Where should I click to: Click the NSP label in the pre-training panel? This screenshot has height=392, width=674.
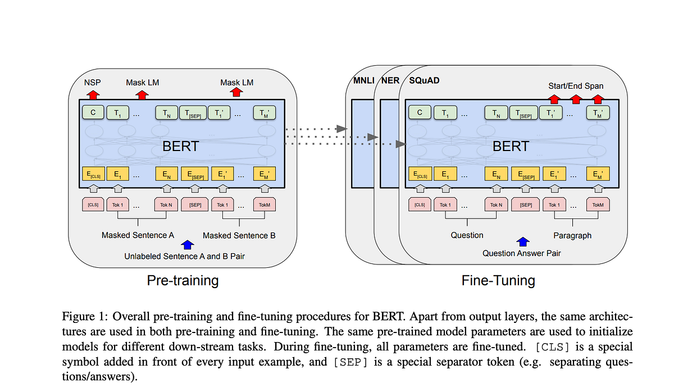click(x=93, y=82)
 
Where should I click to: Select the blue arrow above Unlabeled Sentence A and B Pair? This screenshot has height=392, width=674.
click(x=188, y=245)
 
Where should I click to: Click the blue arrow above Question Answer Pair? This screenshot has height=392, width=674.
click(x=522, y=241)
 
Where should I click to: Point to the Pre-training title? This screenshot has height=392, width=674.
click(x=183, y=280)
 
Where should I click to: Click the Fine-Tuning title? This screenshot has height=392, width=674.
click(x=498, y=280)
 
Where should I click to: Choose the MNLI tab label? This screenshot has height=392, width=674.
click(x=361, y=80)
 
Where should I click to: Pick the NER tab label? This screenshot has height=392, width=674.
click(x=390, y=80)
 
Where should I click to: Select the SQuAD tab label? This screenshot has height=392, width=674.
click(x=424, y=80)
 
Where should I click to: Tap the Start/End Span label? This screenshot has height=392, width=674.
click(x=576, y=86)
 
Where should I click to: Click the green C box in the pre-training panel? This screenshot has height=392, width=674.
click(x=93, y=113)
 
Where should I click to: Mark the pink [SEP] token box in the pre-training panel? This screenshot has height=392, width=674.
click(x=195, y=204)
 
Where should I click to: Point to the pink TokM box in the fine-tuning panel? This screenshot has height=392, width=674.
click(x=598, y=204)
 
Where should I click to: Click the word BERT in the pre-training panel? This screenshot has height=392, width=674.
click(x=180, y=147)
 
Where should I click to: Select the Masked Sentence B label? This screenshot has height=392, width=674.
click(x=239, y=235)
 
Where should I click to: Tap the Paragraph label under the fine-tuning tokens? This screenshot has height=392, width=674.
click(x=572, y=235)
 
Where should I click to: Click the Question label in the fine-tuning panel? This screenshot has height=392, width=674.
click(x=467, y=235)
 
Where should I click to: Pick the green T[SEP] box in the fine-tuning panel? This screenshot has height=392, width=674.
click(x=526, y=113)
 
